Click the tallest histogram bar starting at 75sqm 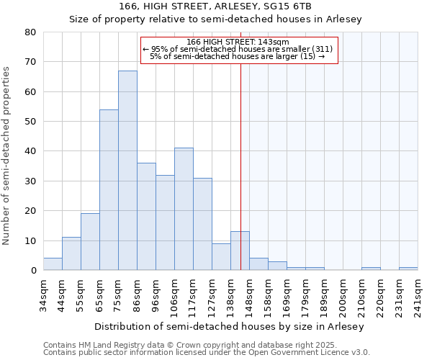tap(127, 171)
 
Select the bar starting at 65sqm tap(109, 190)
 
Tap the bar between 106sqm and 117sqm tap(184, 209)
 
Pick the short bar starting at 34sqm tap(53, 264)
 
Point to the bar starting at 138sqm tap(240, 251)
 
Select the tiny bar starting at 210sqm tap(371, 269)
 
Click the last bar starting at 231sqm tap(408, 269)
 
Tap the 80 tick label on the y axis tap(30, 32)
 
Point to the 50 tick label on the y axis tap(30, 122)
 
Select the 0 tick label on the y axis tap(33, 271)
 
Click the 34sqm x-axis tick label tap(43, 294)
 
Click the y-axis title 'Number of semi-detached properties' tap(6, 156)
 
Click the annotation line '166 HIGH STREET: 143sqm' tap(237, 42)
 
